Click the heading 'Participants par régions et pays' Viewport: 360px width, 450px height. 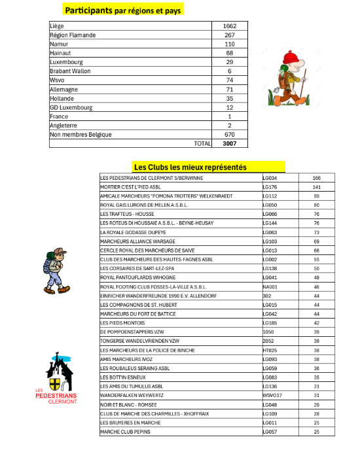click(x=123, y=10)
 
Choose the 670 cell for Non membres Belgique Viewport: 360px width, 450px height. click(x=228, y=134)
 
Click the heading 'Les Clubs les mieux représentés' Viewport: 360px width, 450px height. click(x=190, y=167)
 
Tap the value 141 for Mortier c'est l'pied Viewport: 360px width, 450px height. click(x=316, y=186)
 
